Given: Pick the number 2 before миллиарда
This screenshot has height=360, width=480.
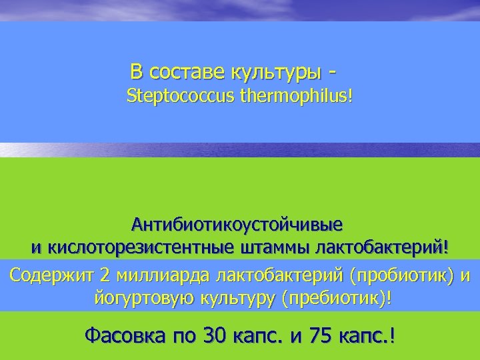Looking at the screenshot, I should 105,275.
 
